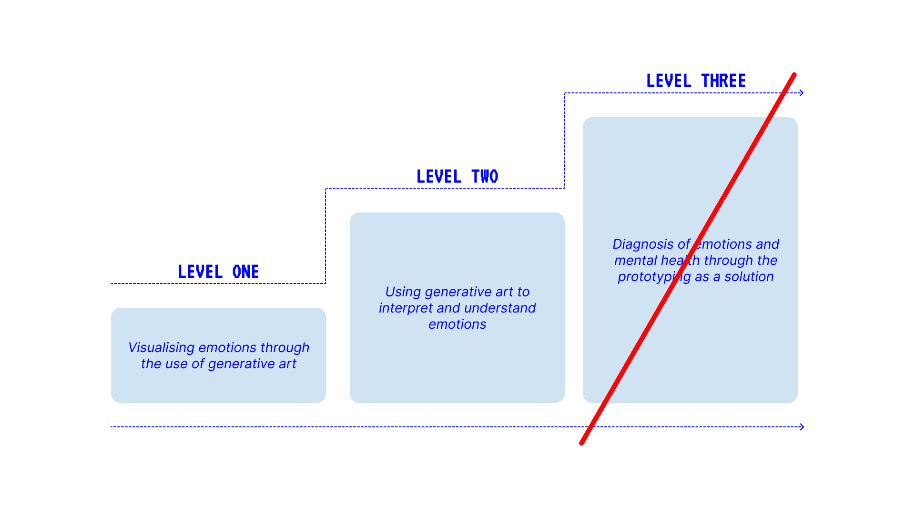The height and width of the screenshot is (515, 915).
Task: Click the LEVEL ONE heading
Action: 218,272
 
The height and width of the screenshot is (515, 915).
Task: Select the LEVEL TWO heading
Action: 457,177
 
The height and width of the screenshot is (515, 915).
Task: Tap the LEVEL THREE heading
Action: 696,81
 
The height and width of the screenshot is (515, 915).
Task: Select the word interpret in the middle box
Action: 406,308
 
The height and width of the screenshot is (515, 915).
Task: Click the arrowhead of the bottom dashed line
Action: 802,427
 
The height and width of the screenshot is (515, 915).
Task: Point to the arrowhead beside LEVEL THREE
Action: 802,93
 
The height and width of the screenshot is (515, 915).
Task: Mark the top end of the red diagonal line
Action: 794,75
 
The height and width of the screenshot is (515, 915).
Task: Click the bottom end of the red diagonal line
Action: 582,443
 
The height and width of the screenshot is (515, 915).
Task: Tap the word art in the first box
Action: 287,364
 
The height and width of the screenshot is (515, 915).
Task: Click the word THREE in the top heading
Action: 723,81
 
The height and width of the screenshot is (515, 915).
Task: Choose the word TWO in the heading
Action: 485,177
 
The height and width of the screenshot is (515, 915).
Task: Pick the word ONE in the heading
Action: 245,272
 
